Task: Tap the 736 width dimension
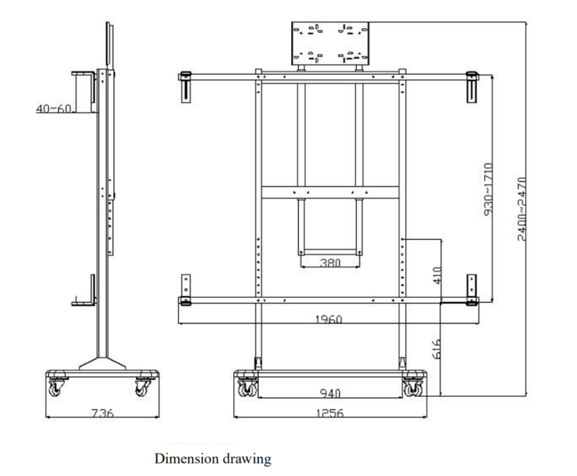(102, 413)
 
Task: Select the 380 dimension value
(330, 263)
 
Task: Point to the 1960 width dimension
(328, 319)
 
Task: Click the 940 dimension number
(330, 394)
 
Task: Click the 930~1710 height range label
(488, 190)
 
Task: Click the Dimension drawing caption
(213, 458)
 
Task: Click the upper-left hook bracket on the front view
(185, 86)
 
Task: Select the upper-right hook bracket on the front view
(471, 86)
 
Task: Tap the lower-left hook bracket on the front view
(185, 289)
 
